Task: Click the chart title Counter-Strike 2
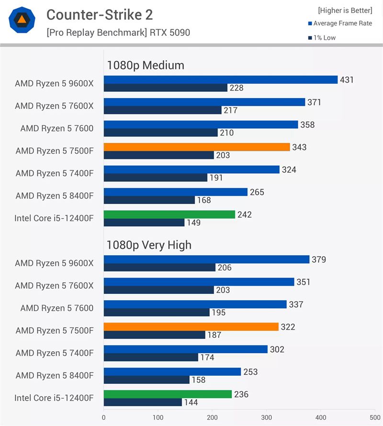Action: pos(100,15)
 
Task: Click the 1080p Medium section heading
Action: pos(146,66)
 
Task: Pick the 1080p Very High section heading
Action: pos(149,245)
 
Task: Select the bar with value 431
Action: pos(221,80)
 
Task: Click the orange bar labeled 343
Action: pos(197,147)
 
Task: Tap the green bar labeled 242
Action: pos(169,215)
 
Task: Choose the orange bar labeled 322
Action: pos(191,327)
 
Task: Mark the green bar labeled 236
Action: pos(168,394)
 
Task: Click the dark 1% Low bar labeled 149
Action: pos(144,223)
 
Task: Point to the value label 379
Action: pos(319,260)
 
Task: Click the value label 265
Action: pos(257,192)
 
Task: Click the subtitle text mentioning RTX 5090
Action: pos(118,33)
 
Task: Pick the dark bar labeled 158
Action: pos(146,380)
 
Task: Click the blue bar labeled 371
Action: pos(204,102)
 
